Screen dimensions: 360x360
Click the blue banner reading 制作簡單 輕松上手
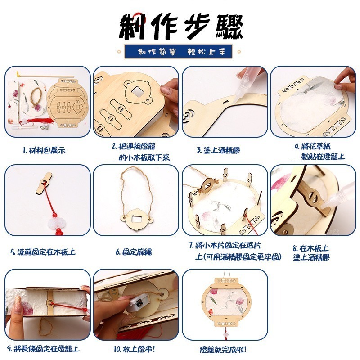(x=180, y=51)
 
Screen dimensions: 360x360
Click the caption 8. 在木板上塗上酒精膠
(x=311, y=253)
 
